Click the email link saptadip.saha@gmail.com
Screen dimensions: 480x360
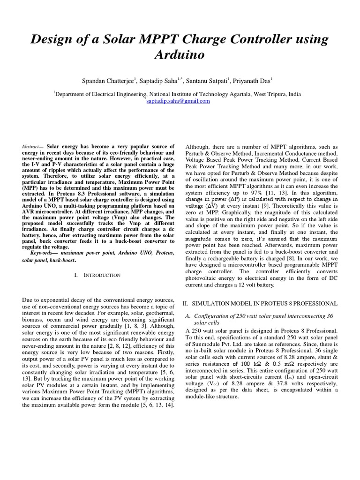(178, 101)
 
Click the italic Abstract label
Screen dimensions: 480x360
(30, 147)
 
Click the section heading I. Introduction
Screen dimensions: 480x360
(97, 275)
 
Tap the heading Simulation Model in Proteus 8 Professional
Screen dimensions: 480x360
(260, 304)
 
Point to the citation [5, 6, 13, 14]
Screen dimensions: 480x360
(152, 404)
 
